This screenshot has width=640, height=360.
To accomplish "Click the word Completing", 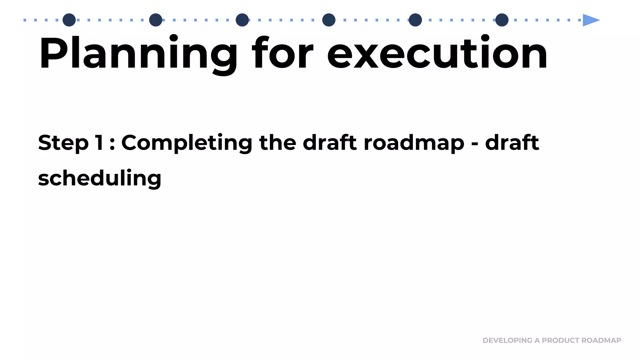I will coord(187,143).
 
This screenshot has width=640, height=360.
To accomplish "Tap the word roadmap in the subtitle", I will coord(414,143).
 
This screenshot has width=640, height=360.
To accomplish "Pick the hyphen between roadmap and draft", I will coord(474,145).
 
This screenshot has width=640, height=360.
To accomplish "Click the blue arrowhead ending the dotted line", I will coord(591,20).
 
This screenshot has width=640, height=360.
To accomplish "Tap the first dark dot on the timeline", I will coord(69,20).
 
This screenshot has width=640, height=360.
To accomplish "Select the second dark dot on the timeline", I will coord(156,20).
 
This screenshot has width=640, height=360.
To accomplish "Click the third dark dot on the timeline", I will coord(242,20).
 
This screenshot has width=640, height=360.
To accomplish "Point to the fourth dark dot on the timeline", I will coord(329,20).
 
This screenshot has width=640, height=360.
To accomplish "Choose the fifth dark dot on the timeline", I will coord(415,20).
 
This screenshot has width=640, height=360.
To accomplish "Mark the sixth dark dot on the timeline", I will coord(502,20).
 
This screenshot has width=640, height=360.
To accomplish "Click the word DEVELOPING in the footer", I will coord(507,340).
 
